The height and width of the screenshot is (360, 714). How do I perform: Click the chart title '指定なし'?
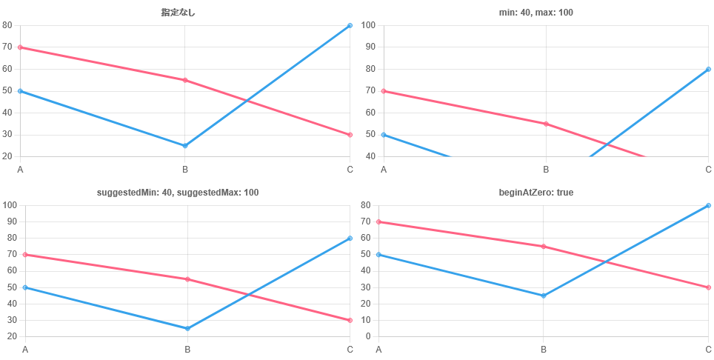(x=178, y=13)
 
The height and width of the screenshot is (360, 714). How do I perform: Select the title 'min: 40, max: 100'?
(x=535, y=13)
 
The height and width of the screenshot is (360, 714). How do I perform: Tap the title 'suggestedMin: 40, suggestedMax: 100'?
(x=178, y=193)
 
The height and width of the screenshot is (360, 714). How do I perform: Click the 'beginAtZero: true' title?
(x=535, y=193)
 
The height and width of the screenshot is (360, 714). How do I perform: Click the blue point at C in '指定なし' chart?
(x=350, y=26)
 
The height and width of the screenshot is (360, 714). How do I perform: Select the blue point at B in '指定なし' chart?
(x=185, y=146)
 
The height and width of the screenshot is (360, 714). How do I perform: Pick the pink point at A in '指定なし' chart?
(x=20, y=47)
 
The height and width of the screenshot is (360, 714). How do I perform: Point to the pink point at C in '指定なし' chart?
(x=350, y=135)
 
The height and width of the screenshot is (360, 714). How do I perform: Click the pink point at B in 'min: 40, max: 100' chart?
(x=546, y=124)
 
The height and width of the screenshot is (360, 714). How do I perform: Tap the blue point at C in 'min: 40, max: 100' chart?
(x=708, y=70)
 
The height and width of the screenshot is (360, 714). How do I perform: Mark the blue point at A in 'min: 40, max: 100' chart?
(x=384, y=135)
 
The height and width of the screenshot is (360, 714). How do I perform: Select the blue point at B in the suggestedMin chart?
(x=187, y=328)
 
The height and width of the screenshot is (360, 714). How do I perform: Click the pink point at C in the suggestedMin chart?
(x=350, y=320)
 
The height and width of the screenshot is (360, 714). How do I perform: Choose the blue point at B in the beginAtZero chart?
(x=544, y=296)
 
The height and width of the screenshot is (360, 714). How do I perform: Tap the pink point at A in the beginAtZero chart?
(x=378, y=221)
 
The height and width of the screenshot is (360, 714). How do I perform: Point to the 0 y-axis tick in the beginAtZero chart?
(x=369, y=337)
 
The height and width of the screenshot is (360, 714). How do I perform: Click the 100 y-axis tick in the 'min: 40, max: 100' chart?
(x=369, y=26)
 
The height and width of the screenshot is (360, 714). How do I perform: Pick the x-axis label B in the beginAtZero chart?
(x=544, y=349)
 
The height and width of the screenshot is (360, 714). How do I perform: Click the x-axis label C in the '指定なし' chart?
(x=350, y=170)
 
